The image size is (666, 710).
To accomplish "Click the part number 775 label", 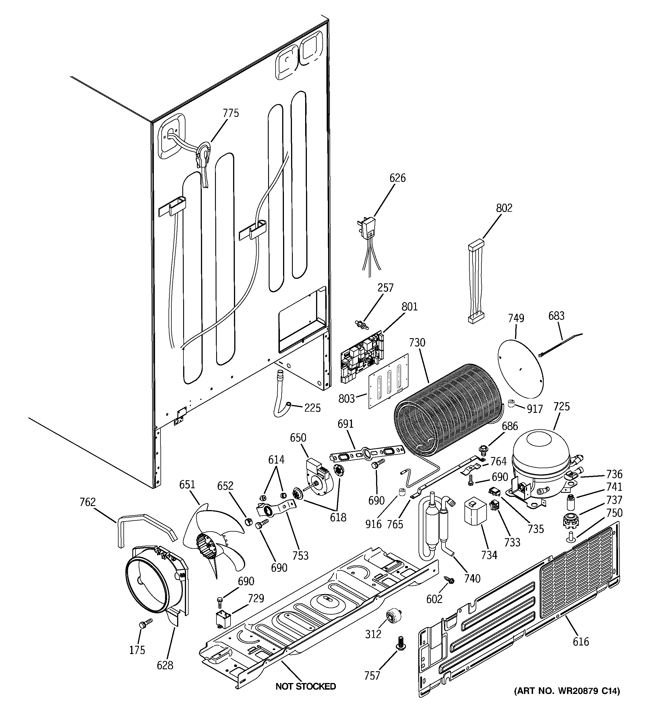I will click(x=231, y=113).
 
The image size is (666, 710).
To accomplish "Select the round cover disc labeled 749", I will click(x=520, y=368).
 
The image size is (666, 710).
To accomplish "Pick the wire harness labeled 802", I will click(x=475, y=283).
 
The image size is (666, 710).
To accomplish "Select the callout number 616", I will click(x=580, y=641).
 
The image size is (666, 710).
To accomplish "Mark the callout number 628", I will click(x=165, y=665).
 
